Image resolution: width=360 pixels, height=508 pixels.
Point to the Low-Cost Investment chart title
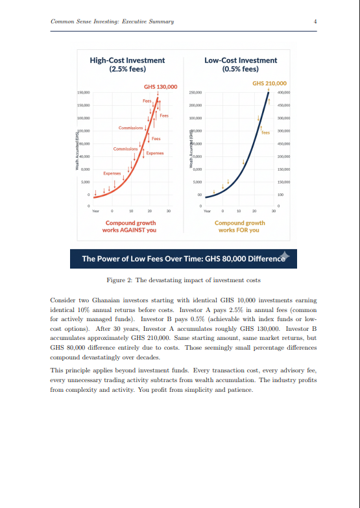[x=240, y=60]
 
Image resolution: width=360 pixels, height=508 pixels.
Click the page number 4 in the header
[x=315, y=21]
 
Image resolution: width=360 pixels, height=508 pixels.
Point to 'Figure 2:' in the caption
[x=119, y=280]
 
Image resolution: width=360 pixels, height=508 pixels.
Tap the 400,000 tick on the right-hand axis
[x=283, y=93]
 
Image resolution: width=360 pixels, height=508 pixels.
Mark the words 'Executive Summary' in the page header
[x=149, y=21]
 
